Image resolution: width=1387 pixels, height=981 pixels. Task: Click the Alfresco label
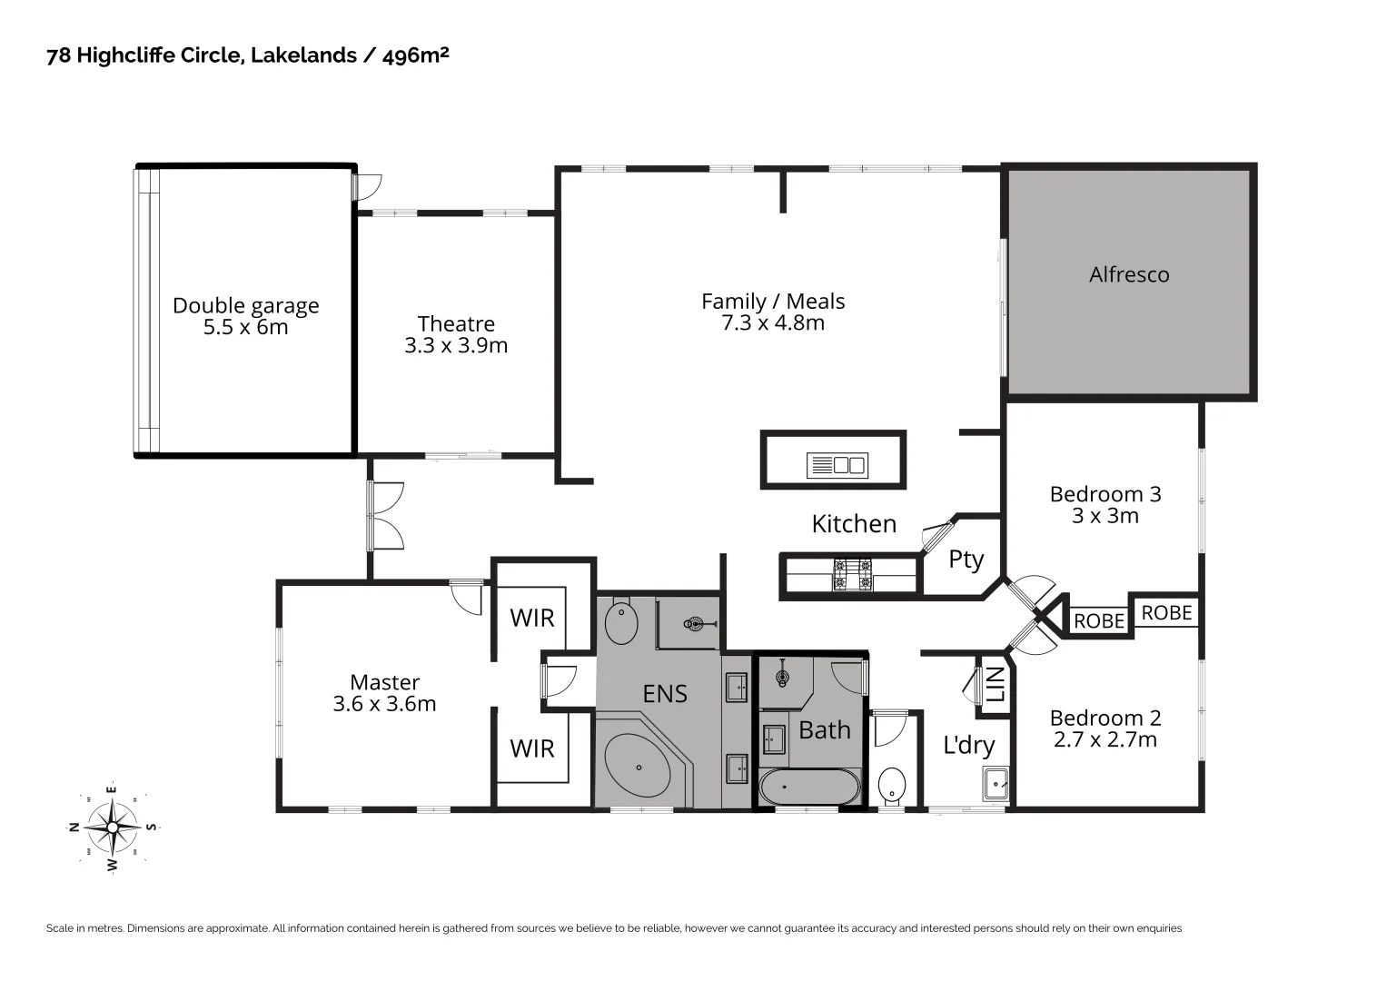click(1129, 274)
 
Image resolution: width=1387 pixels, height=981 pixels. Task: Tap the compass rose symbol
click(113, 827)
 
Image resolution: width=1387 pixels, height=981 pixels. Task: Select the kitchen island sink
click(837, 465)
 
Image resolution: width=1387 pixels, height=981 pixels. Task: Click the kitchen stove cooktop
click(852, 575)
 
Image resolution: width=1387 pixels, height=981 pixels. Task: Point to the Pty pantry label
click(966, 559)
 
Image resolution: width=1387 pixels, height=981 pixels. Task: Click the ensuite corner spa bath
click(638, 768)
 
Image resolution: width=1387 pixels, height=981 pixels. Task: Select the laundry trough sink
click(996, 783)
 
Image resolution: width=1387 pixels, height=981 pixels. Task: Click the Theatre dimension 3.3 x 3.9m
click(456, 346)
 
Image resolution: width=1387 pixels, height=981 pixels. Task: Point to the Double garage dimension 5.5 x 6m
click(245, 328)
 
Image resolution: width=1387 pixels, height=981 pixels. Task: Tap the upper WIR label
click(532, 618)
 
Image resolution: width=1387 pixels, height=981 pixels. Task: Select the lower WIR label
click(532, 748)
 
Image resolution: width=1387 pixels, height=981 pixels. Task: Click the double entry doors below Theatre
click(385, 516)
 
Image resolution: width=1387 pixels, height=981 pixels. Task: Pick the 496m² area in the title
click(416, 55)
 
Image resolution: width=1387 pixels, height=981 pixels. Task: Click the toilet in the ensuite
click(621, 622)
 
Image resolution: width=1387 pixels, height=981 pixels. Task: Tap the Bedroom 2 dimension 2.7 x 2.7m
click(1105, 740)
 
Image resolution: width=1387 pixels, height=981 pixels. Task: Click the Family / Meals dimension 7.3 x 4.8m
click(773, 323)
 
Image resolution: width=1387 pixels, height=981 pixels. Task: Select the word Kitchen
click(854, 524)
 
